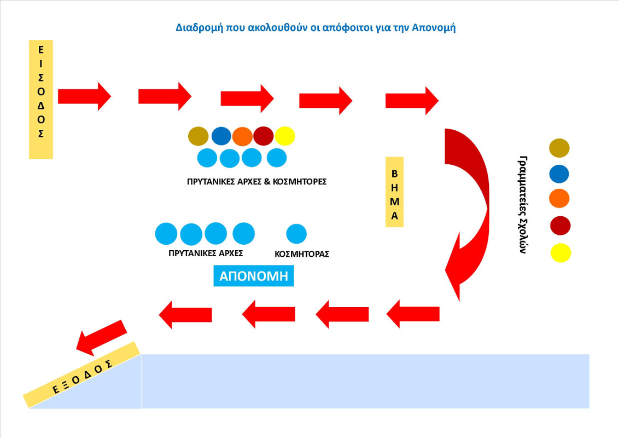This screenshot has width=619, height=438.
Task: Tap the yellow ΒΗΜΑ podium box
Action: click(x=394, y=192)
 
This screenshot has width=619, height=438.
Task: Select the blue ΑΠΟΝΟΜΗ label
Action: click(x=253, y=276)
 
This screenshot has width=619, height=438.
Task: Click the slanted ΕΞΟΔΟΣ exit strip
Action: click(x=82, y=374)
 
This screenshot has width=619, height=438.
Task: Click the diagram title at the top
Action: click(x=316, y=27)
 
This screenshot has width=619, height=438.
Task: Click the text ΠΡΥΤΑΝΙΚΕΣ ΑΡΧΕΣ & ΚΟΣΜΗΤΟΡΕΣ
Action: click(x=256, y=181)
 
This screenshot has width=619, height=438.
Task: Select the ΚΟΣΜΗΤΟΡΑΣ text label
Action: click(x=301, y=254)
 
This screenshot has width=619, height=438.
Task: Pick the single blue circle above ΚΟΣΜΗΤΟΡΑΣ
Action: click(x=296, y=234)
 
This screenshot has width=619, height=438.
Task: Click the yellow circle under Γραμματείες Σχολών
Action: click(x=561, y=253)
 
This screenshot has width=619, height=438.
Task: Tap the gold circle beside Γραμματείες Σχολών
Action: click(x=559, y=148)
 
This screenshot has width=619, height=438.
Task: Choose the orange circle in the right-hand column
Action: click(x=559, y=199)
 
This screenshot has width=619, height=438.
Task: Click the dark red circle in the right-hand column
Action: click(x=560, y=226)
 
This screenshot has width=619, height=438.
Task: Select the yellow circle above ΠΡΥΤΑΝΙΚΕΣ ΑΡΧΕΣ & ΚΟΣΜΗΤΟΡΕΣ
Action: click(x=285, y=136)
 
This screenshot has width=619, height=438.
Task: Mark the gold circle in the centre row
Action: click(x=198, y=136)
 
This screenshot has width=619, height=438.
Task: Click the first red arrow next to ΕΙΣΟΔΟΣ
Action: click(x=84, y=96)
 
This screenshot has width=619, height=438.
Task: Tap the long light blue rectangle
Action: click(x=365, y=381)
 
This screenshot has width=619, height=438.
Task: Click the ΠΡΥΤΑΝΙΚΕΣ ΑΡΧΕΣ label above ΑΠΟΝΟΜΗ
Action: click(x=206, y=253)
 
